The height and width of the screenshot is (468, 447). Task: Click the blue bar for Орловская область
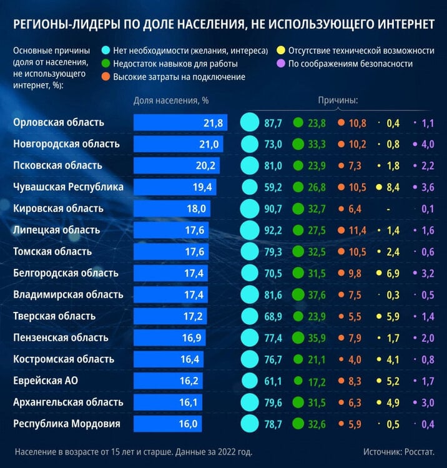click(x=180, y=122)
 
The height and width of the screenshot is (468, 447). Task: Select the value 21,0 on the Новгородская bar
click(x=209, y=145)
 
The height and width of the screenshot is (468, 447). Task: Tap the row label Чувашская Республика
click(x=68, y=187)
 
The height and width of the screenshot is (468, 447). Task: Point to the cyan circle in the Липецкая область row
click(x=250, y=230)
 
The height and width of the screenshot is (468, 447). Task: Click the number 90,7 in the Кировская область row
click(x=273, y=209)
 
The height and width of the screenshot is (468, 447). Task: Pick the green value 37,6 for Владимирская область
click(x=317, y=295)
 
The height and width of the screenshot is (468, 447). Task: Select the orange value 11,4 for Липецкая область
click(x=358, y=230)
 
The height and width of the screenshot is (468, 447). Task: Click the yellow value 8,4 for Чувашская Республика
click(x=393, y=187)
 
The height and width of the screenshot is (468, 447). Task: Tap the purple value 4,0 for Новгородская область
click(x=428, y=145)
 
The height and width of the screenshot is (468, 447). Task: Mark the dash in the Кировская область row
click(x=388, y=210)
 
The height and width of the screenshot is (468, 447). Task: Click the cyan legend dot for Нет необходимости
click(x=106, y=50)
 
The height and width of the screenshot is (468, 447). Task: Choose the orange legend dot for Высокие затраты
click(x=106, y=77)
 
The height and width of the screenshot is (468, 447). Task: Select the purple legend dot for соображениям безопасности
click(x=281, y=63)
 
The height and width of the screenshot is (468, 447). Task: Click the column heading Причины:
click(x=338, y=100)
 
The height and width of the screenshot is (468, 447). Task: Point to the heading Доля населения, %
click(x=171, y=100)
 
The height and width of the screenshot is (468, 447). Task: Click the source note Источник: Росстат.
click(x=399, y=452)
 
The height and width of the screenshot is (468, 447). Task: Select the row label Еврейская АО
click(x=46, y=381)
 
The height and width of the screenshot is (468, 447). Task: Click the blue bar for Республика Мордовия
click(x=167, y=424)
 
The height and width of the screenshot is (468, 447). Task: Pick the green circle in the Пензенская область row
click(x=298, y=338)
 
